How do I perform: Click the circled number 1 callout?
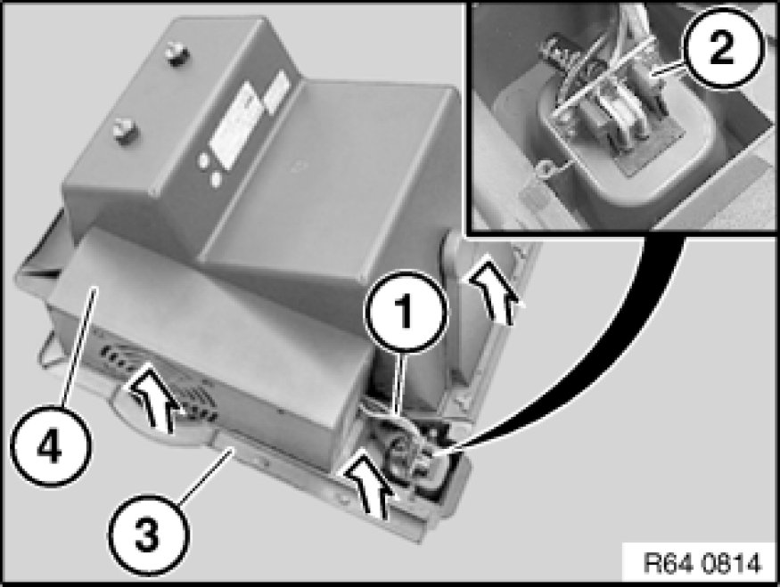coord(406,311)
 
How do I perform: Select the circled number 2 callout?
coord(721,48)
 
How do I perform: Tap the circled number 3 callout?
coord(149,534)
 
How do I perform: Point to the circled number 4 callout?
coord(51,445)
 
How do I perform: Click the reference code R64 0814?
coord(702,564)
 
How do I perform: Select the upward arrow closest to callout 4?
coord(152,397)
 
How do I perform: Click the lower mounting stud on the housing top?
coord(123,131)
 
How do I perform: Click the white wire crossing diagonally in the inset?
coord(603,76)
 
